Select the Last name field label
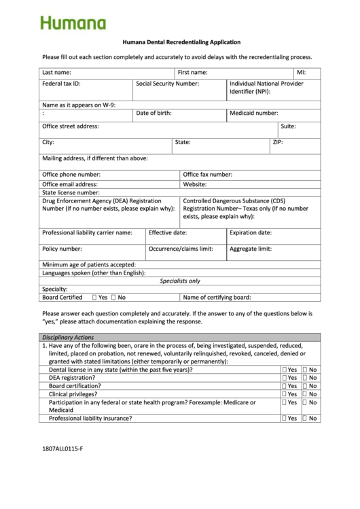[x=56, y=72]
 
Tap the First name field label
[x=192, y=72]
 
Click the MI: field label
[x=301, y=72]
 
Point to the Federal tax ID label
[x=61, y=84]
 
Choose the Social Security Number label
[x=167, y=84]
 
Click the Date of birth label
[x=154, y=113]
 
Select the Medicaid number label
[x=253, y=113]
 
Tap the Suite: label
[x=288, y=126]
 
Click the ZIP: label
[x=277, y=143]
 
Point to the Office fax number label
[x=207, y=175]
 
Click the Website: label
[x=194, y=184]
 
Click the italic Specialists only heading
[x=180, y=281]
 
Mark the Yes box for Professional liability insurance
[x=284, y=419]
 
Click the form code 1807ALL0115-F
[x=62, y=449]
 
